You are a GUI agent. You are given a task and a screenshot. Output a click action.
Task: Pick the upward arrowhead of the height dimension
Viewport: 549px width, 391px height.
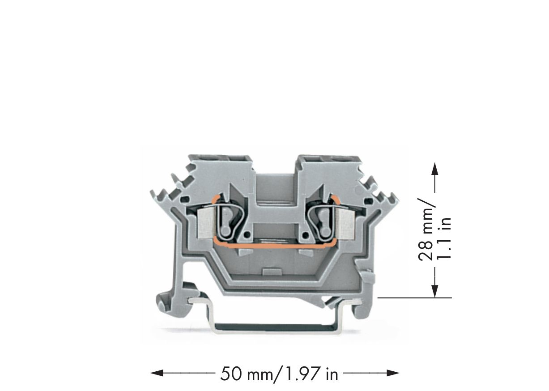pyautogui.click(x=434, y=169)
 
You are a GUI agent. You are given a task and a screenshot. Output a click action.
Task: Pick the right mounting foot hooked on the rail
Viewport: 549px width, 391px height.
pyautogui.click(x=362, y=309)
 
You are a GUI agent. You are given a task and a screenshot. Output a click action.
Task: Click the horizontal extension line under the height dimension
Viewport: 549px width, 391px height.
pyautogui.click(x=414, y=297)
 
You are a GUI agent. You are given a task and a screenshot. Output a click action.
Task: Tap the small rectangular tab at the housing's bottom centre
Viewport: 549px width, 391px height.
pyautogui.click(x=271, y=271)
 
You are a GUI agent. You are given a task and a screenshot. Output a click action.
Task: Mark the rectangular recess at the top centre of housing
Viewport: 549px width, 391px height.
pyautogui.click(x=275, y=188)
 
